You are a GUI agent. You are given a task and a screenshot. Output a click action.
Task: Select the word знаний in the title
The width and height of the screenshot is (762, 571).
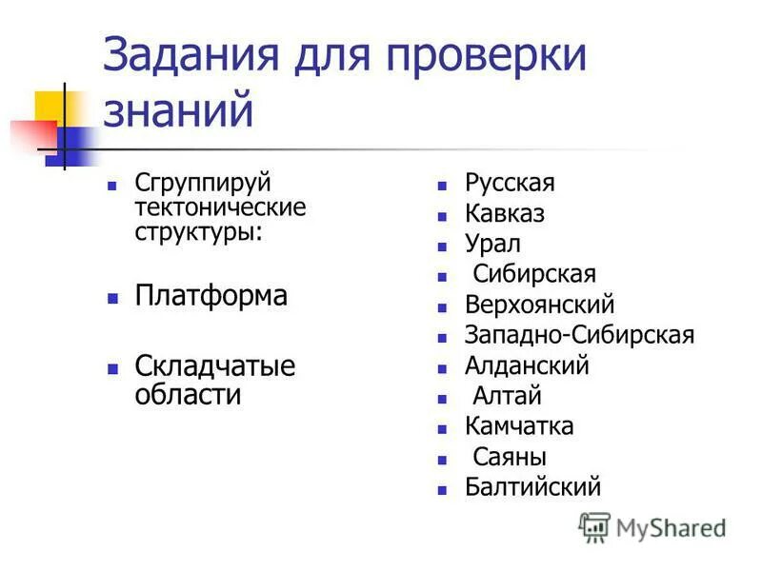click(x=178, y=110)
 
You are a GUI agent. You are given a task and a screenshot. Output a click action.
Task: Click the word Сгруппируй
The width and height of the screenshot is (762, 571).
click(x=203, y=182)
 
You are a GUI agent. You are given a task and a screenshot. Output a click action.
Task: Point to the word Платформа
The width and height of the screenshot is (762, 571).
click(x=211, y=295)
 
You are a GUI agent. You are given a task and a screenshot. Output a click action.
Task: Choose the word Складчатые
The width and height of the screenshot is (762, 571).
click(x=215, y=365)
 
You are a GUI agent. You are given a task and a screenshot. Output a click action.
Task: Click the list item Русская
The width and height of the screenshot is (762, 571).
click(x=510, y=183)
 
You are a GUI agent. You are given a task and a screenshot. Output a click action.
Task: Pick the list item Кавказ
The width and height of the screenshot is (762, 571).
click(x=505, y=214)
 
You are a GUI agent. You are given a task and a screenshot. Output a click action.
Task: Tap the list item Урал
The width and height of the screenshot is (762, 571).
click(x=492, y=245)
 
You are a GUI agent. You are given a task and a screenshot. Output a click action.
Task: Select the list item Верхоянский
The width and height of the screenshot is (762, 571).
click(x=539, y=305)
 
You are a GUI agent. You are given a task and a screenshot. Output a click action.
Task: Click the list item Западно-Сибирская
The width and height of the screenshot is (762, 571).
click(x=579, y=336)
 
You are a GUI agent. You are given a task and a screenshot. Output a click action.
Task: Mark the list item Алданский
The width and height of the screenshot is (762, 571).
click(x=527, y=366)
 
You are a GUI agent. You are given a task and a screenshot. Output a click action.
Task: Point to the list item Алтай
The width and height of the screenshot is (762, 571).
click(x=507, y=397)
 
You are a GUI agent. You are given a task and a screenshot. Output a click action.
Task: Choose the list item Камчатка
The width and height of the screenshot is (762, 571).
click(x=519, y=427)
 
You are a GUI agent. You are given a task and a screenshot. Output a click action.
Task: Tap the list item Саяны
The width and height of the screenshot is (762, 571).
click(x=510, y=458)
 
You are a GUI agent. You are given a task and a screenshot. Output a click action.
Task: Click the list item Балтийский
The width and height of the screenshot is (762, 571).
click(x=532, y=488)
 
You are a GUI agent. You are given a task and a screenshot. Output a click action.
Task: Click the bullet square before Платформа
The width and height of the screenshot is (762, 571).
click(x=112, y=298)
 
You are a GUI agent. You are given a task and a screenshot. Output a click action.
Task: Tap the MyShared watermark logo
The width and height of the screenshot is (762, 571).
click(x=652, y=526)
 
